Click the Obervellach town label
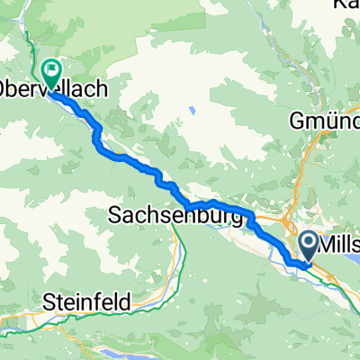tap(54, 90)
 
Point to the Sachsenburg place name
tap(175, 216)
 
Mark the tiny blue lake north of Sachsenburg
tap(191, 112)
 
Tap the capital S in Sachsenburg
tap(115, 216)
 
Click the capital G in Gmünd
tap(296, 119)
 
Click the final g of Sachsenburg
tap(237, 219)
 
